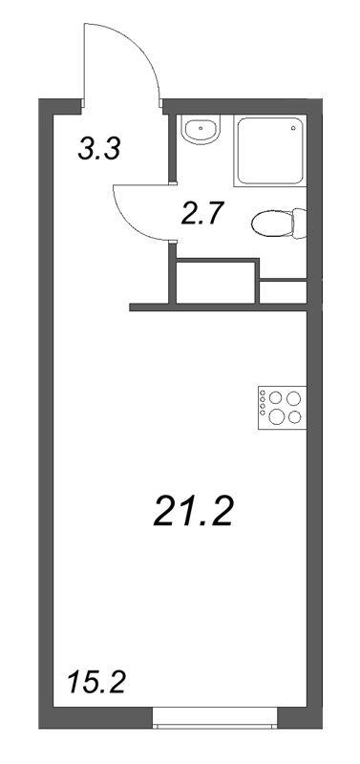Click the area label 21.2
193,515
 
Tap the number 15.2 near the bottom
96,683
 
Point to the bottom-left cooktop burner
277,415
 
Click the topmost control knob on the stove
263,393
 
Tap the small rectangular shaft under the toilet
282,291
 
